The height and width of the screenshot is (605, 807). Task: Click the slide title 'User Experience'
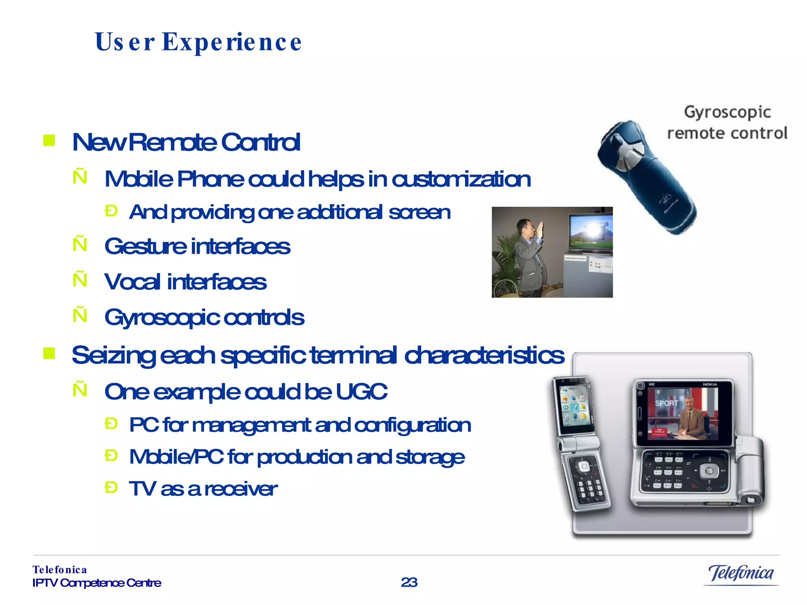198,42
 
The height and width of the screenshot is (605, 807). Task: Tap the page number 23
409,582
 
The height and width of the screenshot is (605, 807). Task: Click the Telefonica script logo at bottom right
741,573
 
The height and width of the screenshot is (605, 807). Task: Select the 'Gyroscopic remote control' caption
727,122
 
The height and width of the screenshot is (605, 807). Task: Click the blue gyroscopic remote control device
646,177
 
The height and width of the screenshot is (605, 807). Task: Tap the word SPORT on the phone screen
666,403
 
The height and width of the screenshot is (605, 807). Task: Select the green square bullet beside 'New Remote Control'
49,140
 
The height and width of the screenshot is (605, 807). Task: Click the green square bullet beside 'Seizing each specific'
49,353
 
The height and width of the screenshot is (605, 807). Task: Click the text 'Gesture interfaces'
197,247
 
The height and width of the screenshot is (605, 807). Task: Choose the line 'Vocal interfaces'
185,282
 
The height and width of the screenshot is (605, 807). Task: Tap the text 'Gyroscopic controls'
204,317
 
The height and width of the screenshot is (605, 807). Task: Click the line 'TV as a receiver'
203,489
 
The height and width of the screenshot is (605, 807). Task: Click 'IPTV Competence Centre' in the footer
97,583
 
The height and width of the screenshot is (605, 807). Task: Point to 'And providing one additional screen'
290,212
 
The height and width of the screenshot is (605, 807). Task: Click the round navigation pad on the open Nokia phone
709,471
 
